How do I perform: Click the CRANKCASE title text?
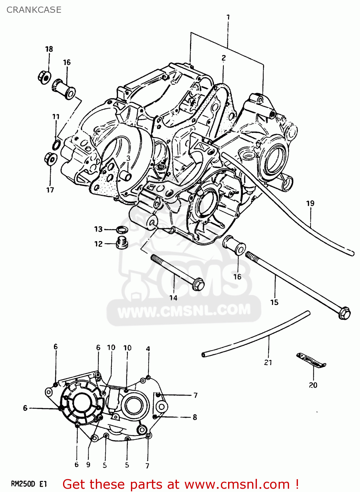(x=34, y=10)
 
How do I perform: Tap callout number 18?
(x=49, y=49)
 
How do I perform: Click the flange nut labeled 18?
(x=44, y=77)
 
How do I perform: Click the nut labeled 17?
(x=50, y=159)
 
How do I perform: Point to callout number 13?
(x=98, y=229)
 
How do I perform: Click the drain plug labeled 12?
(x=121, y=243)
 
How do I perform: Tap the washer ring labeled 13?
(x=122, y=229)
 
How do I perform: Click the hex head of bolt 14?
(x=198, y=284)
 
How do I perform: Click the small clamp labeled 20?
(x=311, y=360)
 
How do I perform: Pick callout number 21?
(x=268, y=362)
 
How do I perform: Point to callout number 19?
(x=310, y=203)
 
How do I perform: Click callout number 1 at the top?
(x=228, y=17)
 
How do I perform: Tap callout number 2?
(x=223, y=58)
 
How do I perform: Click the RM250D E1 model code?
(x=29, y=484)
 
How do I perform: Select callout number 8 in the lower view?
(x=195, y=417)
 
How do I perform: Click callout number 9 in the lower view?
(x=88, y=464)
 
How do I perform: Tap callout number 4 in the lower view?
(x=148, y=349)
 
